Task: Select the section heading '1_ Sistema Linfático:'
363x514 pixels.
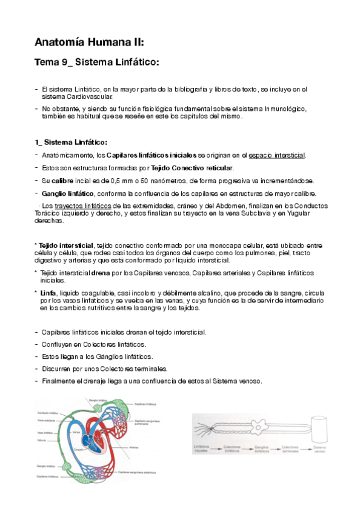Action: (71, 142)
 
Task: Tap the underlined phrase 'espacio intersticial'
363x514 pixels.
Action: (277, 155)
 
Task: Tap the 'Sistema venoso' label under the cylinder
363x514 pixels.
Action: (319, 449)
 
